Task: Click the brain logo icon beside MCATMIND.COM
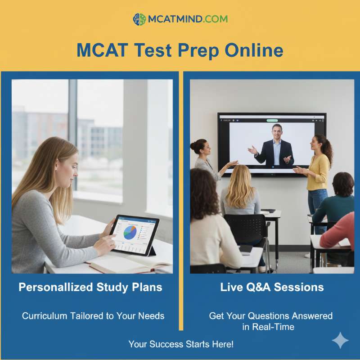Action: (x=139, y=19)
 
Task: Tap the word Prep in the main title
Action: (x=199, y=50)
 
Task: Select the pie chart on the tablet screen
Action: (x=130, y=232)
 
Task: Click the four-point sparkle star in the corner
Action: (x=340, y=341)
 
